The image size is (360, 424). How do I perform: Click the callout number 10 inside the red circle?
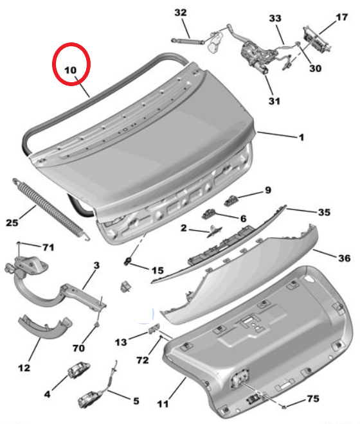70,70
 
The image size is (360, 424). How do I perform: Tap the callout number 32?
181,12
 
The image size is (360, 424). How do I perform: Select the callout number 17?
341,17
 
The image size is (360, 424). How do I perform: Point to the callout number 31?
274,101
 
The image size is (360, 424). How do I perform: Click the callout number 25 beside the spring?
12,222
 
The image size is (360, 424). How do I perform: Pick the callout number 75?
314,398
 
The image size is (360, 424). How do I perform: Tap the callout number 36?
345,258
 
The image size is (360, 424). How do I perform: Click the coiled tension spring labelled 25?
50,209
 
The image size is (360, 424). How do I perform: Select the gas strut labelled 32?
188,41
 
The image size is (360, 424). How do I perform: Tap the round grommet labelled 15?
127,261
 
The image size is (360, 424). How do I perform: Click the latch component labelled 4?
78,369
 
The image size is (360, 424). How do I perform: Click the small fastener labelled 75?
283,406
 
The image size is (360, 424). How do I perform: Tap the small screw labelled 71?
19,243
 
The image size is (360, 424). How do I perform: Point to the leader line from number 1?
277,135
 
